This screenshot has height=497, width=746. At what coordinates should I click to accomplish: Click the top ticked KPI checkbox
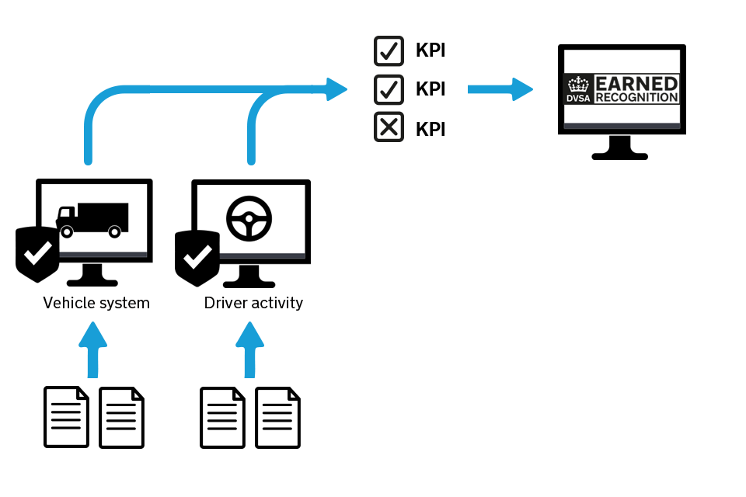389,51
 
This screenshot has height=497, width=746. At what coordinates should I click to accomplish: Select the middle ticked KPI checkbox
389,89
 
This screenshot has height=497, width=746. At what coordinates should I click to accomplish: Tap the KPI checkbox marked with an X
389,127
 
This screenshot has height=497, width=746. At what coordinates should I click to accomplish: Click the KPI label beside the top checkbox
430,51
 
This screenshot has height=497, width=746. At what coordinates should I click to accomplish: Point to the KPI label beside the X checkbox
430,129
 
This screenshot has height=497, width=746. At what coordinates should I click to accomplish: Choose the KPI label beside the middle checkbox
430,89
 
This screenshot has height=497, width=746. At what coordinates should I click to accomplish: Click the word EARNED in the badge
636,83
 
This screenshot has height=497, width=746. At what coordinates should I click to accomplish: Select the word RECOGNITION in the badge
636,98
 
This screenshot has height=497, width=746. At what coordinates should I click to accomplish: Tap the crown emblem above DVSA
578,84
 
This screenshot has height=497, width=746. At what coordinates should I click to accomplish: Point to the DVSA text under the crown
578,98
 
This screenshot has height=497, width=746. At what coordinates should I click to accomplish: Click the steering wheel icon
249,218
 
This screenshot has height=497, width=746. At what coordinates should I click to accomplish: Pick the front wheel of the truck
67,231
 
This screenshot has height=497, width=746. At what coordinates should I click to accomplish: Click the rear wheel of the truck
114,231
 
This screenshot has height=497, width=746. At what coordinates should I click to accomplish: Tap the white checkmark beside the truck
37,252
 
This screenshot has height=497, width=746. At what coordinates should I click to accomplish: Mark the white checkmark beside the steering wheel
197,256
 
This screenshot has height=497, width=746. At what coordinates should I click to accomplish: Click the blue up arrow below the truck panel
93,349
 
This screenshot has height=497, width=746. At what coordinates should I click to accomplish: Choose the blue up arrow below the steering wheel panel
249,349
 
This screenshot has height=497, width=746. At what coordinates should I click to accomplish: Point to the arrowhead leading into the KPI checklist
336,89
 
